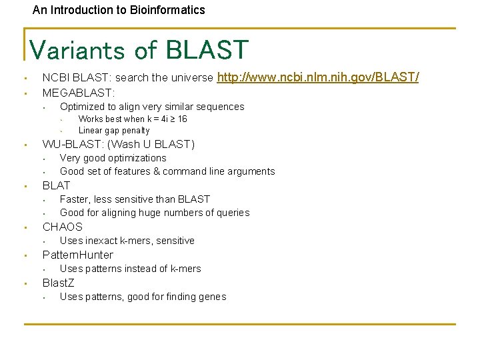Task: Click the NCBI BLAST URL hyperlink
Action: pos(318,77)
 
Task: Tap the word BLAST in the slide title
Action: pos(207,50)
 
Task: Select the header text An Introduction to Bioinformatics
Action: pos(119,10)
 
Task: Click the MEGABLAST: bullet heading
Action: pos(79,92)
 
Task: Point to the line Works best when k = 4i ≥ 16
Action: pos(133,119)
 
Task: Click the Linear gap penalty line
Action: pos(114,131)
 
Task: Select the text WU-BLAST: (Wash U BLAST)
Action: pos(119,144)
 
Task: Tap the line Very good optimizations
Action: pos(113,158)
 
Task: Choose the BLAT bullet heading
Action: pos(56,185)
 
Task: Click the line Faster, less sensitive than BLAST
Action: pos(135,199)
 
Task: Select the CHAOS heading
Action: pos(63,227)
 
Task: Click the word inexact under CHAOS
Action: pos(101,241)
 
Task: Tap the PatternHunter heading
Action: pos(78,255)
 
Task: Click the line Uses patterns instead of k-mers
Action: pos(130,269)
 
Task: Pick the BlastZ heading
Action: pos(59,283)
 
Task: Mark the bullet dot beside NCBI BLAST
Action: pos(23,78)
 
